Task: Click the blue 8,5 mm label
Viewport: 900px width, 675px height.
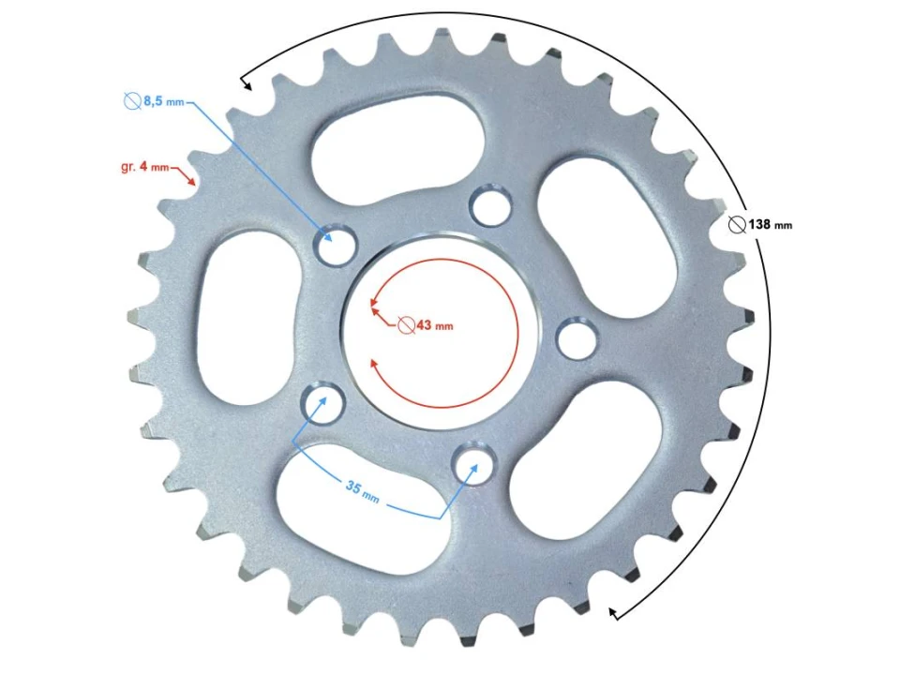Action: click(162, 100)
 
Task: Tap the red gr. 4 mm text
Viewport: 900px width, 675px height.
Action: click(145, 167)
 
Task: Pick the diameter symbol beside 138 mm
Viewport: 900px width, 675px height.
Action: click(737, 225)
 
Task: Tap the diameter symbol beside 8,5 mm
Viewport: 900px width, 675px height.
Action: click(131, 100)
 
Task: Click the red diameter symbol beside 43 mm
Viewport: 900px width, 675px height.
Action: click(405, 325)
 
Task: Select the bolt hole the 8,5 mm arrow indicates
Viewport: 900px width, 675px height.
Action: click(335, 246)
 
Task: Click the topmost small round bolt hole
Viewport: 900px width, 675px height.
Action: click(490, 206)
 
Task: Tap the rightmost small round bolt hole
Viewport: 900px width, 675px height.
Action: click(576, 337)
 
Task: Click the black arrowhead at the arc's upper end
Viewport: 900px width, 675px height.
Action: click(247, 85)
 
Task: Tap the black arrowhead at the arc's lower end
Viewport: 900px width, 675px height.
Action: click(613, 613)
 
